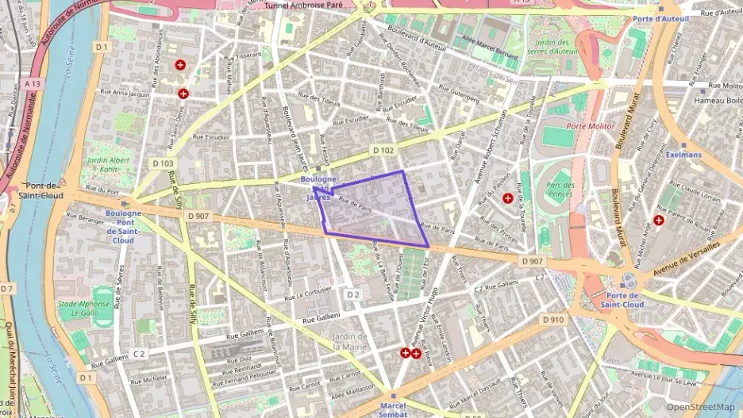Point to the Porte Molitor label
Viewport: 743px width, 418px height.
pyautogui.click(x=591, y=126)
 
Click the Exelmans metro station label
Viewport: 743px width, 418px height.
pyautogui.click(x=683, y=155)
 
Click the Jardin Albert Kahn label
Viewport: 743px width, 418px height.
pyautogui.click(x=107, y=165)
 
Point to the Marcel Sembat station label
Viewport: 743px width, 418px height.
pyautogui.click(x=393, y=408)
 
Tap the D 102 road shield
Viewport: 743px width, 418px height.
pyautogui.click(x=383, y=150)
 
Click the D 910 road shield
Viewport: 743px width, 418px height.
pyautogui.click(x=553, y=319)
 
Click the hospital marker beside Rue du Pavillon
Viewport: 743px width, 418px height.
pyautogui.click(x=507, y=197)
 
